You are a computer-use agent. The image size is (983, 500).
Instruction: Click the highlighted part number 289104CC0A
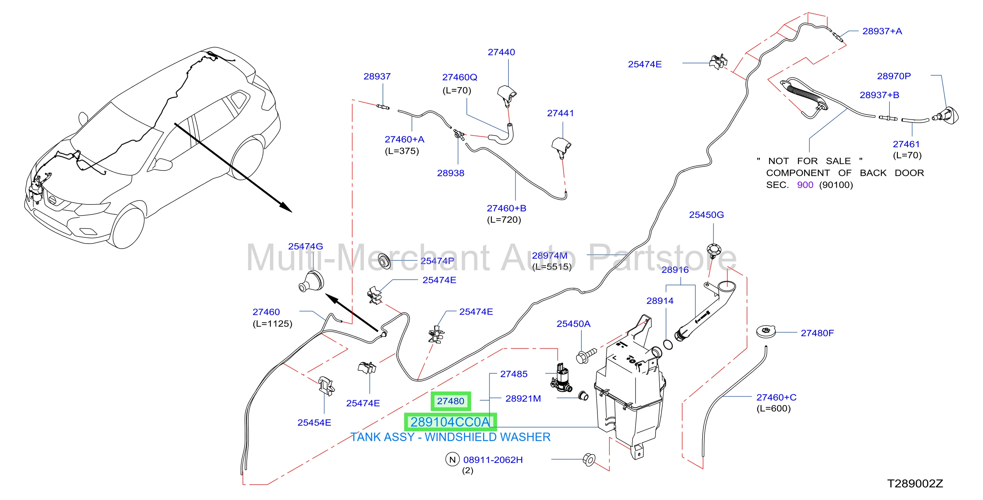[450, 422]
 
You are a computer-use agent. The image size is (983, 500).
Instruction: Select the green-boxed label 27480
[451, 401]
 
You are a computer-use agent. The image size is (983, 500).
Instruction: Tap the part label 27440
[501, 52]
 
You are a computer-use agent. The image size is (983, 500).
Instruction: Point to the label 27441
[560, 113]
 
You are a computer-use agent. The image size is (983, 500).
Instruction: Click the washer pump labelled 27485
[561, 378]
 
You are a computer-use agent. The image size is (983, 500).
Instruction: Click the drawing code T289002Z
[915, 483]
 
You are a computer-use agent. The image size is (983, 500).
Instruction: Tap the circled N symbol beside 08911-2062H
[452, 460]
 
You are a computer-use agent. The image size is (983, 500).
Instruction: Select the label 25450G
[706, 215]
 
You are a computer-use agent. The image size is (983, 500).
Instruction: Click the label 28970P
[894, 76]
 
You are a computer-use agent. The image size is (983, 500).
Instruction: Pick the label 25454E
[314, 423]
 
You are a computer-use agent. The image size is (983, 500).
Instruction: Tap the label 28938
[451, 173]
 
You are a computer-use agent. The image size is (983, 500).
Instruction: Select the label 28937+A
[882, 31]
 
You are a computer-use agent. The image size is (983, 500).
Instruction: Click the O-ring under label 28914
[668, 344]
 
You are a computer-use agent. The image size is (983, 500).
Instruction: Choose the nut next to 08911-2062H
[589, 459]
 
